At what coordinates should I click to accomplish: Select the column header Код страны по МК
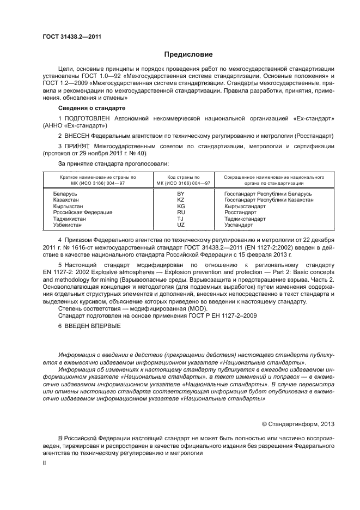181,180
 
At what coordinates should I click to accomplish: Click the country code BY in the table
181,194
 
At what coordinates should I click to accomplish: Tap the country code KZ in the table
181,200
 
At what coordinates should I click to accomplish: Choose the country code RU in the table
181,212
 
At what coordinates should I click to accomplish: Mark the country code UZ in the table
181,224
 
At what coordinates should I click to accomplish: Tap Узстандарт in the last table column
239,224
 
